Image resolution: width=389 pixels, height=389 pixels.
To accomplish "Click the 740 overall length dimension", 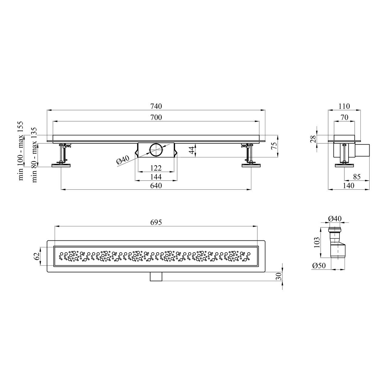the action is click(x=156, y=106).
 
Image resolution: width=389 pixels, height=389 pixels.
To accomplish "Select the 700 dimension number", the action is click(x=156, y=117).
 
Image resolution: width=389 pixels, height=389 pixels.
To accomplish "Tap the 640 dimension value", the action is click(x=156, y=185).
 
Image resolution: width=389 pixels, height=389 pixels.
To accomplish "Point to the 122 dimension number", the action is click(x=156, y=168).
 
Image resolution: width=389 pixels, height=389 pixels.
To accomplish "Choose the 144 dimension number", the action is click(x=156, y=177).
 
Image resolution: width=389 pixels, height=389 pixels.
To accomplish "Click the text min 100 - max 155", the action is click(x=21, y=151).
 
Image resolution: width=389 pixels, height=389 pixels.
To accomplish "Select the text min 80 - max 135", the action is click(x=34, y=155).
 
